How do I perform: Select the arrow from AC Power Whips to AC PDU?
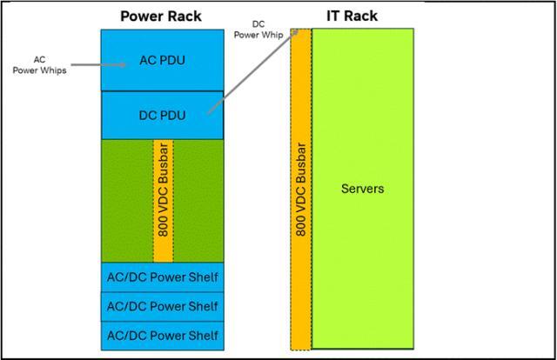[87, 63]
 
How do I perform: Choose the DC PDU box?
[162, 113]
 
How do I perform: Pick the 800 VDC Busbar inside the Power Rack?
[162, 199]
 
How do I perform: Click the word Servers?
[362, 188]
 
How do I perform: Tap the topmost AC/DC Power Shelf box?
[162, 277]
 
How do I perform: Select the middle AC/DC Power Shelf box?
[162, 306]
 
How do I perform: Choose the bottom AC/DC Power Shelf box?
[162, 335]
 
